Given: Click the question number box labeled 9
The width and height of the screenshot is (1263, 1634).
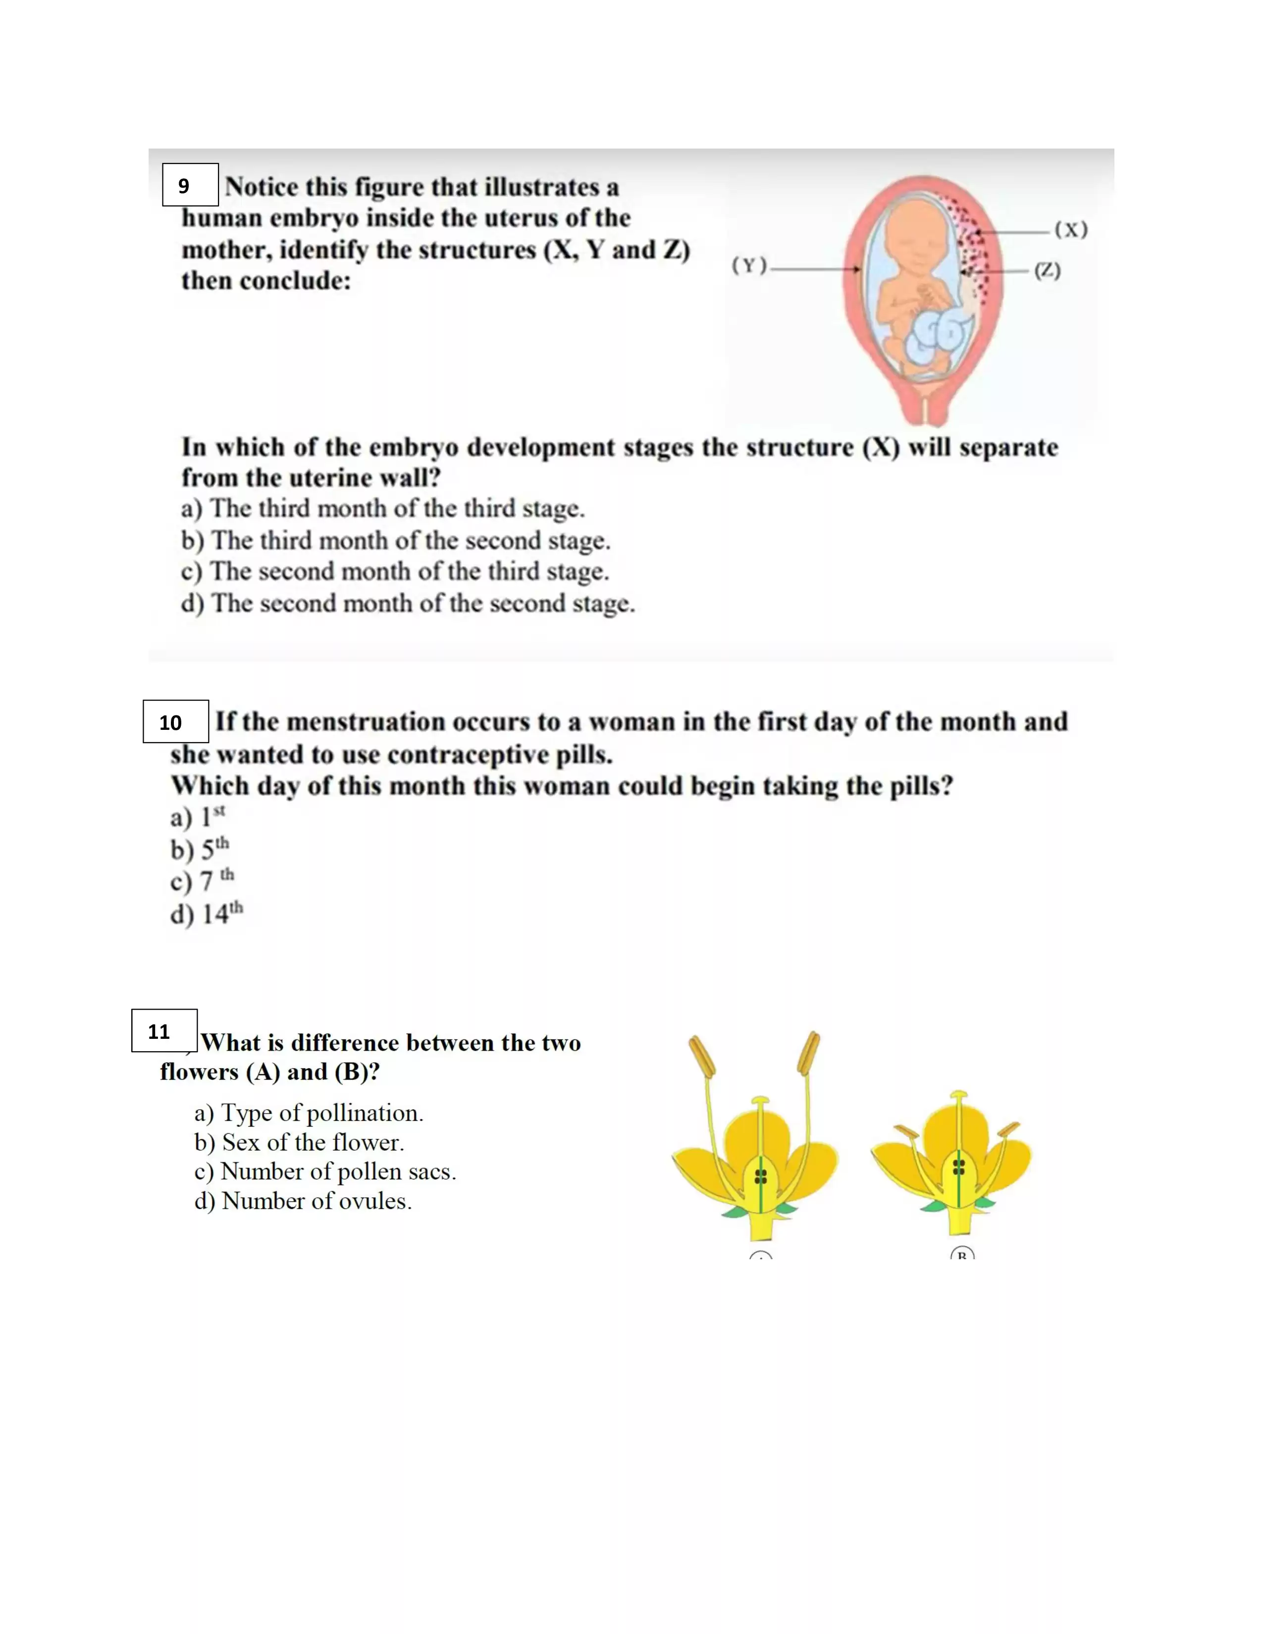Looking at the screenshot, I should (190, 185).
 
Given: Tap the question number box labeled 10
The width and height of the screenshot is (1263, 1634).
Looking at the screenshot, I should (175, 721).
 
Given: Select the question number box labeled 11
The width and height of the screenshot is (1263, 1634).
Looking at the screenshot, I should (164, 1031).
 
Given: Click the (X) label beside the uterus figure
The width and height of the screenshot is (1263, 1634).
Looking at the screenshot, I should (1071, 230).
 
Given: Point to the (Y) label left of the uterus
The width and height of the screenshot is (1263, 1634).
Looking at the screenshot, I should (749, 265).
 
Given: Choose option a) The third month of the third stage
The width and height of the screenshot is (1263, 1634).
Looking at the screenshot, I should (382, 509).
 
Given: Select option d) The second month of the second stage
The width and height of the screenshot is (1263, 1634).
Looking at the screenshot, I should (408, 603).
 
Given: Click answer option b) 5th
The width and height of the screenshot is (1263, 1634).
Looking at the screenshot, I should (200, 849).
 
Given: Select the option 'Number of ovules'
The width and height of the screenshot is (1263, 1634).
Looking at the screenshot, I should (303, 1201).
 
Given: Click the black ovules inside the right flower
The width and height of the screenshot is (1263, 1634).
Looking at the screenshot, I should (958, 1167).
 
